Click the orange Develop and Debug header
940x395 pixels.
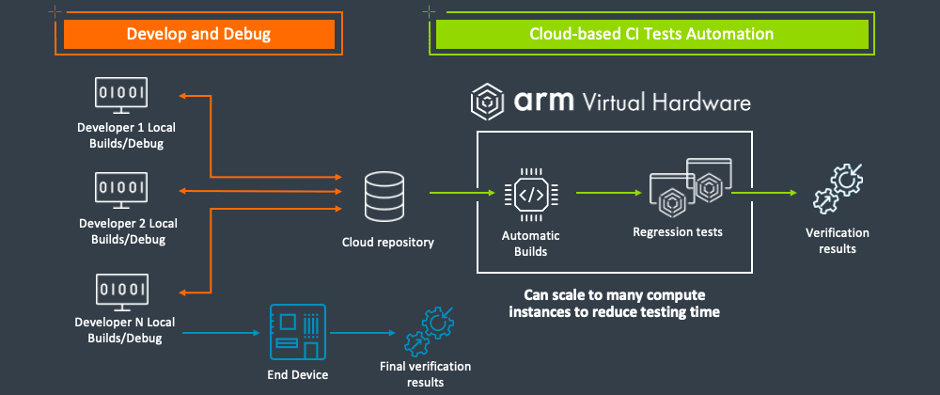point(198,35)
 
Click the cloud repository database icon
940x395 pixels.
point(386,194)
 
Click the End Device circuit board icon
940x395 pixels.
point(297,332)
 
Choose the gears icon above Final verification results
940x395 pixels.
point(429,330)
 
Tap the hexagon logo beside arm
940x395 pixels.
point(489,100)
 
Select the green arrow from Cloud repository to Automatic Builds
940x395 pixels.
point(462,193)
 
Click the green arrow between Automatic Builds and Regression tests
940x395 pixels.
point(602,193)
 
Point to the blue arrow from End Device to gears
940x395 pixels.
point(363,332)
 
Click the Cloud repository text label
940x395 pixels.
point(388,243)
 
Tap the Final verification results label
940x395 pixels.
point(425,374)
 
